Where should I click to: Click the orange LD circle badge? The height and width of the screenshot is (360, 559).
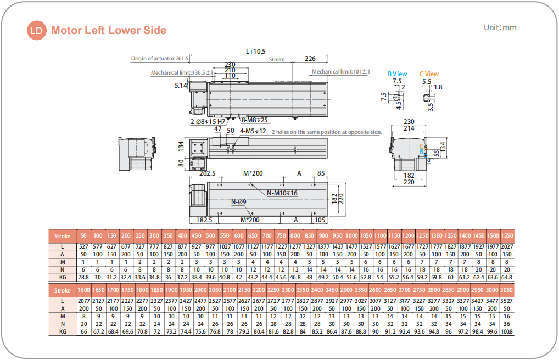(x=37, y=30)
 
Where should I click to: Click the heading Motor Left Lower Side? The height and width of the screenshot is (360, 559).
(x=109, y=30)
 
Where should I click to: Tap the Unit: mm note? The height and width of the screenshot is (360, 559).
(x=500, y=27)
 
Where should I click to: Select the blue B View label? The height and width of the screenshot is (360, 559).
(x=397, y=74)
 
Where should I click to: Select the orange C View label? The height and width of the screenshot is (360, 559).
(x=429, y=74)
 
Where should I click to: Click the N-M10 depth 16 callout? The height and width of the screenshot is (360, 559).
(x=282, y=193)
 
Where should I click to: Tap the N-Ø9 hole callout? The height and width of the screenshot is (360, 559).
(x=238, y=202)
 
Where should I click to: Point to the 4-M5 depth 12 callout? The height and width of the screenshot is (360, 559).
(x=253, y=131)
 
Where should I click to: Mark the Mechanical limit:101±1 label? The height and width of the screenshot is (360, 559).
(x=341, y=72)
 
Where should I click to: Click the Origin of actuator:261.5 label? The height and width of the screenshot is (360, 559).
(x=160, y=59)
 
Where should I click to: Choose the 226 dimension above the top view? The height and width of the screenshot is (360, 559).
(x=310, y=59)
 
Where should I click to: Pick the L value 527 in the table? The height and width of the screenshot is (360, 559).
(x=83, y=246)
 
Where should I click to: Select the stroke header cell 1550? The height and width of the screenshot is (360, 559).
(x=507, y=236)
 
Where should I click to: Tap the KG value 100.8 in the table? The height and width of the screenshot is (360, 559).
(x=507, y=331)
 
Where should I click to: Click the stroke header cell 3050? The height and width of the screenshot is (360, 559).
(x=507, y=290)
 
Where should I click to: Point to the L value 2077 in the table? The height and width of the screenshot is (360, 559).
(x=83, y=301)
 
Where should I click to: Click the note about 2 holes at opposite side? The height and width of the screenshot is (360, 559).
(x=326, y=132)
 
